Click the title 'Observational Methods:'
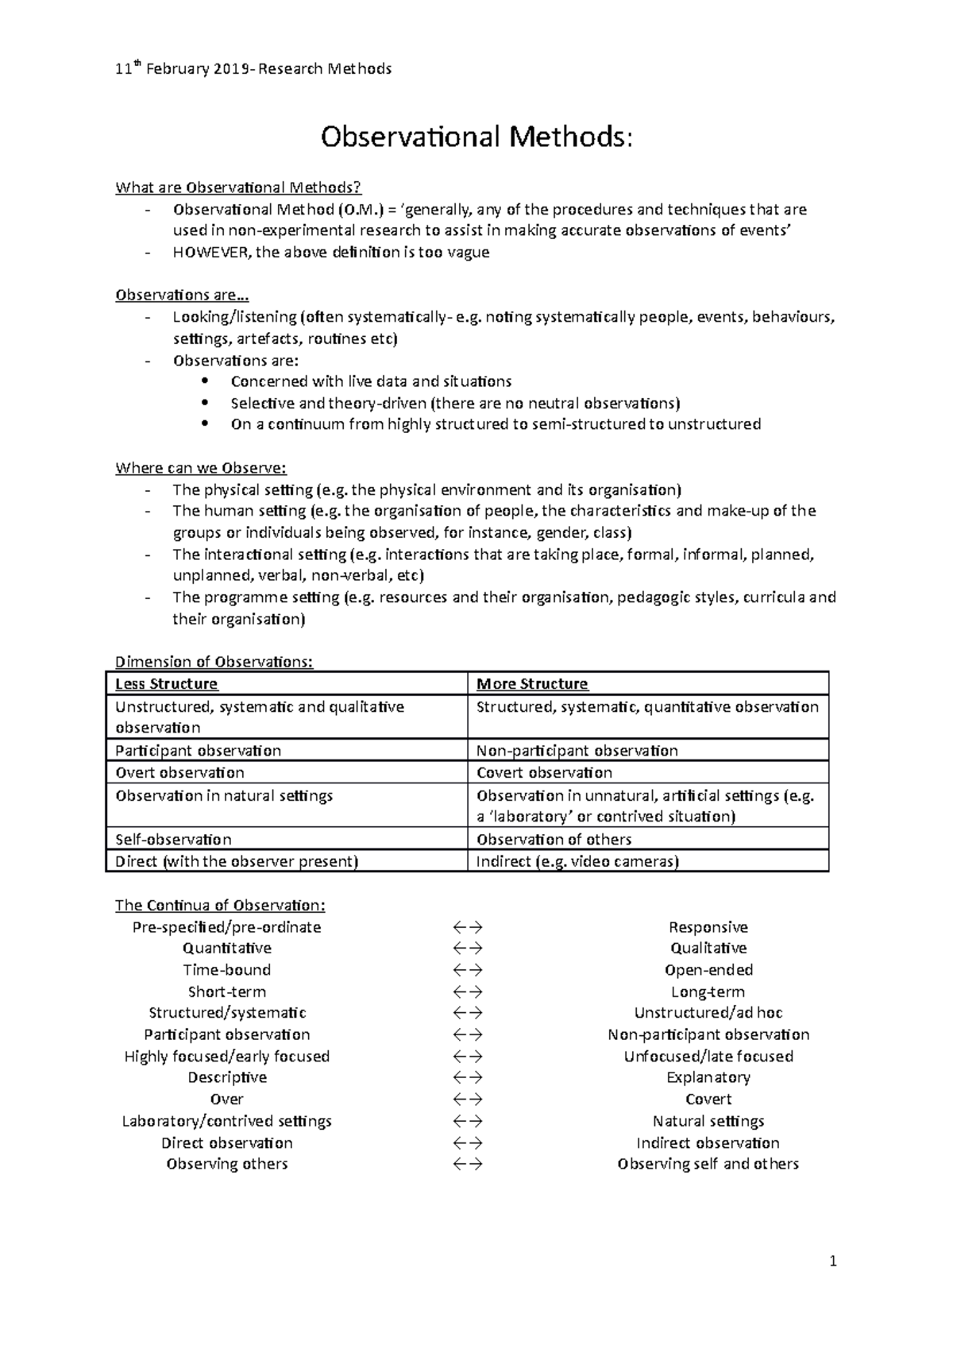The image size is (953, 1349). pos(476,137)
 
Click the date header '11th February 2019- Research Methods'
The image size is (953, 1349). pos(253,69)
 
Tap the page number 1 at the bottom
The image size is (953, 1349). pos(833,1261)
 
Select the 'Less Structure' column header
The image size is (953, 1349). pos(166,684)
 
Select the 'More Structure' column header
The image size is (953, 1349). pos(532,684)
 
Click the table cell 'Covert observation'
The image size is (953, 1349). pos(544,773)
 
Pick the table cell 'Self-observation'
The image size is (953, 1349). pos(173,840)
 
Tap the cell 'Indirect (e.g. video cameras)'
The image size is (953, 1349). pos(577,862)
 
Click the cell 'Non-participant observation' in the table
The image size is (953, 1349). pos(577,751)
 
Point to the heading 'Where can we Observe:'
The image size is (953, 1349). pos(201,468)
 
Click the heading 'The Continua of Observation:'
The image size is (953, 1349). pos(220,906)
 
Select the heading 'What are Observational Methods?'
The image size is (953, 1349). pos(238,188)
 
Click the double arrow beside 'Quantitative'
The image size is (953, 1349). pos(468,949)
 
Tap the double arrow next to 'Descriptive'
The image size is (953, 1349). pos(468,1078)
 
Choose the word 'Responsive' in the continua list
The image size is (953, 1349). pos(708,927)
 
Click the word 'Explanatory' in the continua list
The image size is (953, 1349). pos(708,1078)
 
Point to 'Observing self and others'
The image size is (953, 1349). pos(708,1164)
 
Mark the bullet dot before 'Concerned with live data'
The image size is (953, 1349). pos(206,381)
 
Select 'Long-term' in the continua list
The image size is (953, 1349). pos(708,992)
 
